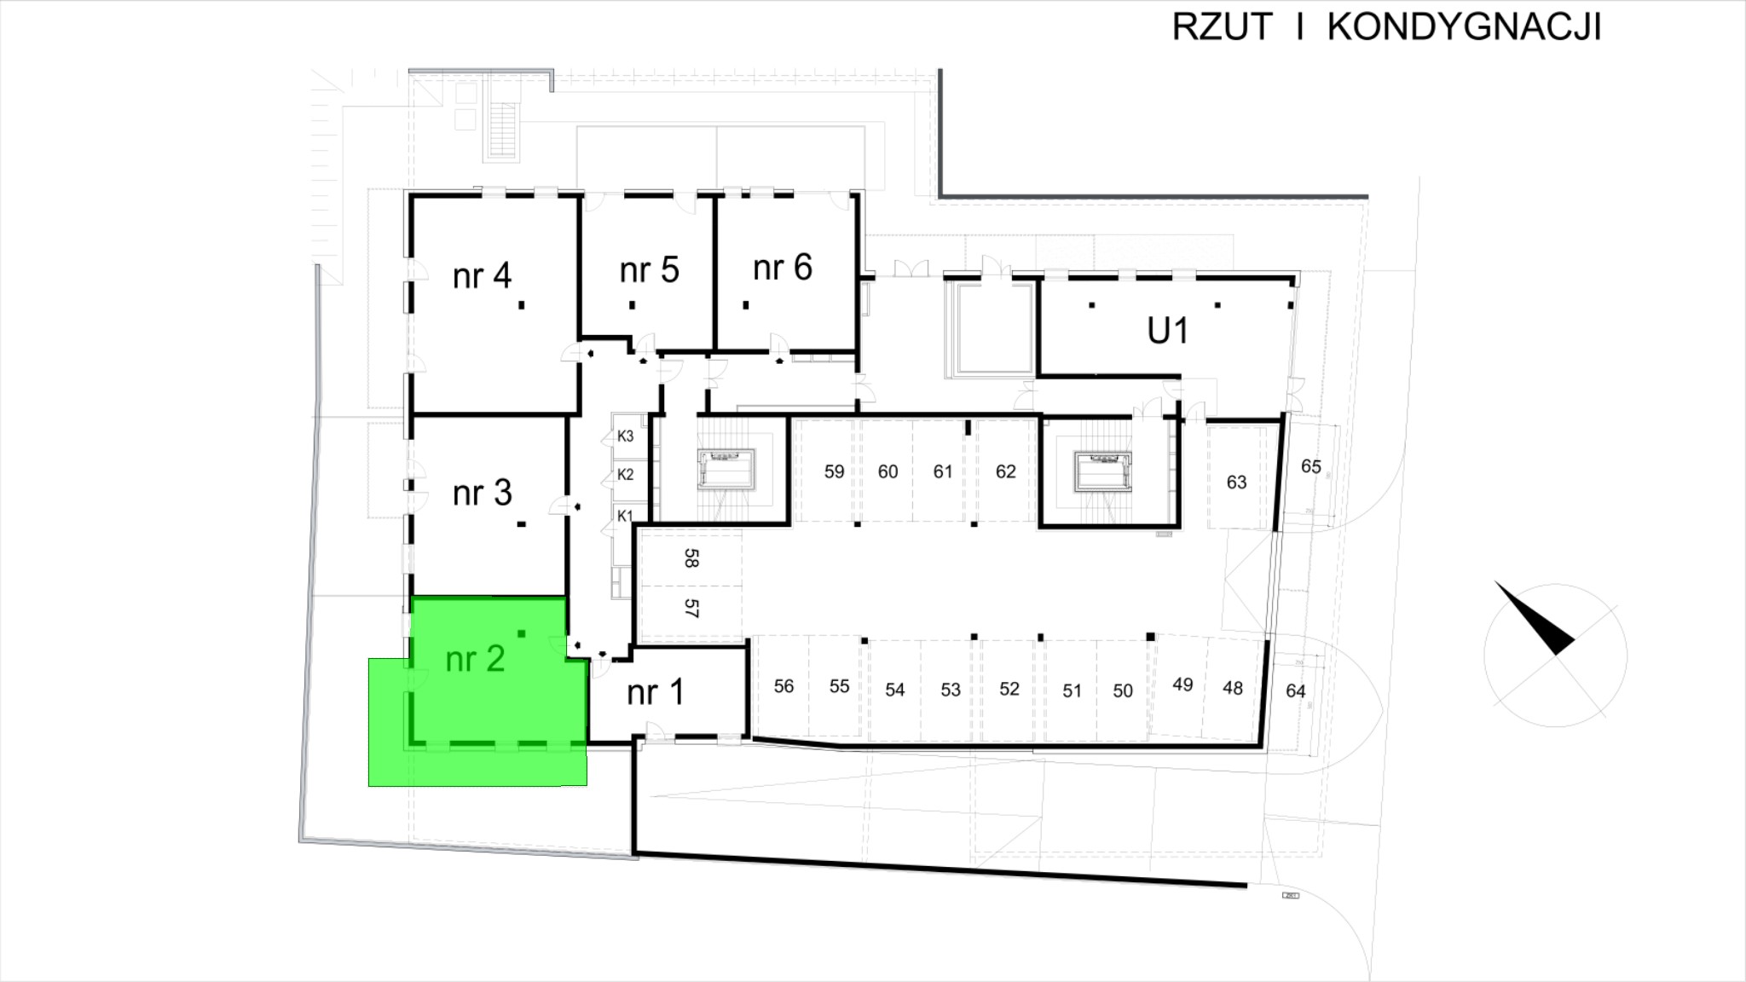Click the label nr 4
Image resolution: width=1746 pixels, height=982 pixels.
pyautogui.click(x=482, y=276)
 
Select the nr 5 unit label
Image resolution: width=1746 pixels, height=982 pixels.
pyautogui.click(x=649, y=270)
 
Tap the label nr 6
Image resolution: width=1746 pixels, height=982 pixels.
pyautogui.click(x=783, y=269)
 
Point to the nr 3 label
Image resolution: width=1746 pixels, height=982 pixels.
pyautogui.click(x=482, y=493)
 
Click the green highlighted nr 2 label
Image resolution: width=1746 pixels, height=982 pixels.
pyautogui.click(x=475, y=659)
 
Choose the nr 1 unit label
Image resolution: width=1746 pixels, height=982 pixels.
pyautogui.click(x=655, y=692)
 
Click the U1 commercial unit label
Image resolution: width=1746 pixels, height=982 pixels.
pyautogui.click(x=1167, y=331)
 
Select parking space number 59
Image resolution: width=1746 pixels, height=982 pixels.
pyautogui.click(x=834, y=471)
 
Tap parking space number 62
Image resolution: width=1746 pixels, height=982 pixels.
pyautogui.click(x=1005, y=471)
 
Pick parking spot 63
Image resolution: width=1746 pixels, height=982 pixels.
pyautogui.click(x=1236, y=482)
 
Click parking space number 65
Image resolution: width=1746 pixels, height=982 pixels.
pyautogui.click(x=1310, y=466)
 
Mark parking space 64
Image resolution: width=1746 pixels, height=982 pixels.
pyautogui.click(x=1295, y=691)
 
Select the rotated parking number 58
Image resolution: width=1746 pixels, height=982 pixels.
pyautogui.click(x=691, y=558)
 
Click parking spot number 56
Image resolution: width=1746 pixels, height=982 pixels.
pyautogui.click(x=783, y=686)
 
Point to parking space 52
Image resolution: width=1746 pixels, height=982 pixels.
pyautogui.click(x=1009, y=689)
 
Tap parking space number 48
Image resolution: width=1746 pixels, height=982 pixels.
pyautogui.click(x=1232, y=688)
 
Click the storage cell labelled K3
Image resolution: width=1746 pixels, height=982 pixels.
pyautogui.click(x=625, y=436)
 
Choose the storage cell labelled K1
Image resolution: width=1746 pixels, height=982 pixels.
pyautogui.click(x=625, y=516)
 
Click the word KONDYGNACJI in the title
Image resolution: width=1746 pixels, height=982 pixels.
pyautogui.click(x=1464, y=27)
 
